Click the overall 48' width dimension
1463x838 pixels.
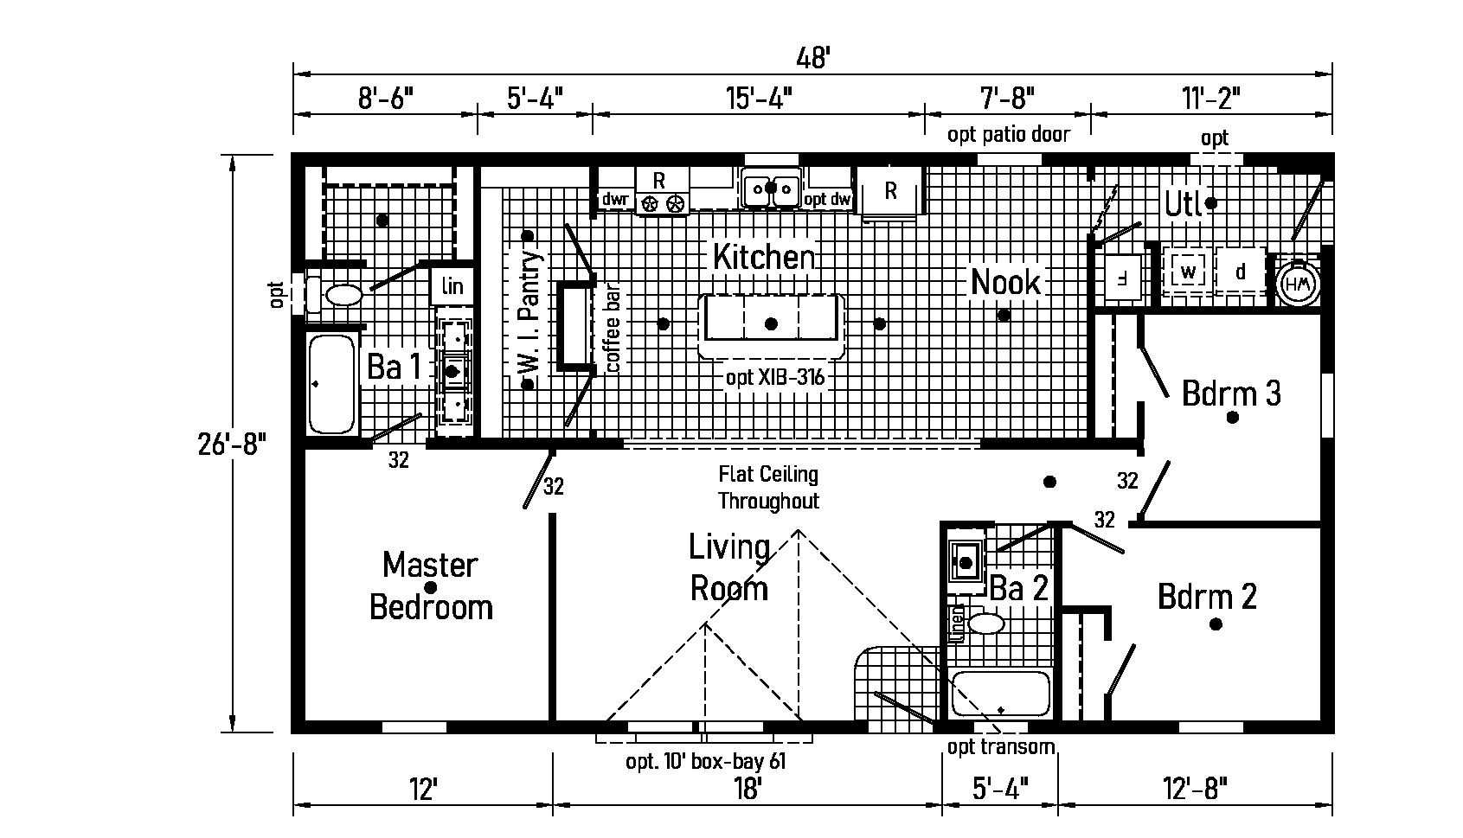[812, 58]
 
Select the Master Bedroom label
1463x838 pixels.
[431, 586]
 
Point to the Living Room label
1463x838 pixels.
[728, 568]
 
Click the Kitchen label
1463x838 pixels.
[763, 257]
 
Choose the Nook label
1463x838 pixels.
[1005, 283]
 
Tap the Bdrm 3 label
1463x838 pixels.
[1230, 394]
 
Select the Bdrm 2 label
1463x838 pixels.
[1207, 597]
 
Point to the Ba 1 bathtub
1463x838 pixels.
[332, 384]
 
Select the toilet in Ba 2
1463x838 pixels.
[985, 623]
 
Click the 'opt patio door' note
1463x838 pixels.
[1008, 134]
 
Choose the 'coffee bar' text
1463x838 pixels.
[613, 329]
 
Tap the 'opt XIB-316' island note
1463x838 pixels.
[774, 378]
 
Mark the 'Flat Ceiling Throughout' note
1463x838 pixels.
[768, 488]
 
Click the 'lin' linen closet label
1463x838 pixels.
[452, 286]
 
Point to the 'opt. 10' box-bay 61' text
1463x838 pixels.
[705, 762]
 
